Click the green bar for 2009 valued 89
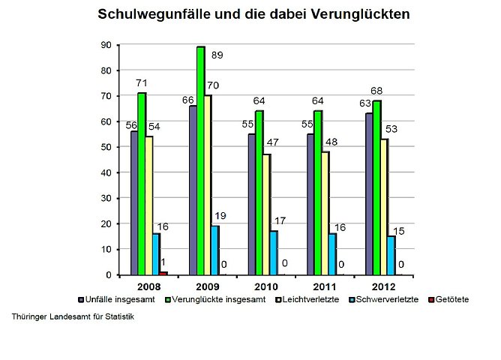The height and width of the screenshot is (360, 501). [x=200, y=160]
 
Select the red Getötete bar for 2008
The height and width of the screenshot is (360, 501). [x=163, y=273]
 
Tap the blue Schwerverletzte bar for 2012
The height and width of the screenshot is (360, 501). [x=390, y=256]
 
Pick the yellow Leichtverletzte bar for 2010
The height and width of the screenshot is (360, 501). [x=265, y=214]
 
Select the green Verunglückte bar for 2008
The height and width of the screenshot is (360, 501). [x=141, y=184]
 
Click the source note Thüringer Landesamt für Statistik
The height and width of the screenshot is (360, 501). [x=73, y=316]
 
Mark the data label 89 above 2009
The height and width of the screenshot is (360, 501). [x=217, y=55]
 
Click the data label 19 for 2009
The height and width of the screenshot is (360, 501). [x=220, y=216]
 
